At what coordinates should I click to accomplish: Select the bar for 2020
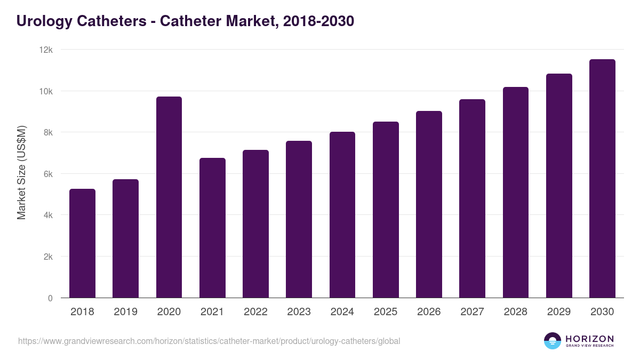[169, 197]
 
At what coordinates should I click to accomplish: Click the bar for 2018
[82, 243]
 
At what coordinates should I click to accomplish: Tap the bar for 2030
[602, 179]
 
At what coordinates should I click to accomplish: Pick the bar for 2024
[342, 215]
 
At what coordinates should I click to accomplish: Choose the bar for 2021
[212, 228]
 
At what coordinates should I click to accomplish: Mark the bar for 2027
[472, 198]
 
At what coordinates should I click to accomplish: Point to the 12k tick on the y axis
[47, 50]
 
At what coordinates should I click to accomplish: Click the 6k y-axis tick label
[47, 174]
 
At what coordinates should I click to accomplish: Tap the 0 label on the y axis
[50, 298]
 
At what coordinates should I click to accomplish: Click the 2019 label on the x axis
[125, 312]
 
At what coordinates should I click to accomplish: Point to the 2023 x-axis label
[299, 312]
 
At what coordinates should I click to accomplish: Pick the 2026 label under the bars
[429, 312]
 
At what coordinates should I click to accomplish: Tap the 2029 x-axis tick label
[559, 312]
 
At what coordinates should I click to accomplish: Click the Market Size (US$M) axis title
[21, 173]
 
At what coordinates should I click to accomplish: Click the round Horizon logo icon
[553, 341]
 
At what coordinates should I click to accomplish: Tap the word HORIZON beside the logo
[589, 339]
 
